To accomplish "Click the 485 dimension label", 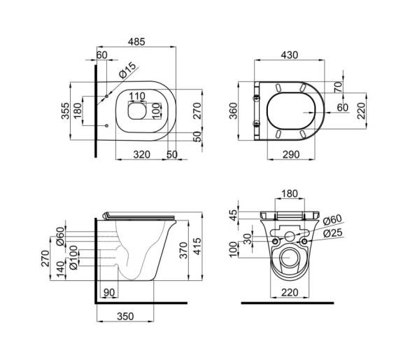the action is click(x=136, y=41).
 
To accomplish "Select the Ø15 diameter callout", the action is click(x=127, y=70).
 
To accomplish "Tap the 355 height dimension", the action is click(x=65, y=111).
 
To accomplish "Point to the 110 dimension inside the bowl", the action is click(x=137, y=96).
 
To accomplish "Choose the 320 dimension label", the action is click(x=142, y=155).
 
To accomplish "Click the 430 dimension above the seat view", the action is click(x=289, y=55).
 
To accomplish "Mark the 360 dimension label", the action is click(x=233, y=111).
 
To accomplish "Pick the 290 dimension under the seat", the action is click(x=291, y=155).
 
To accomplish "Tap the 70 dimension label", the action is click(x=338, y=87).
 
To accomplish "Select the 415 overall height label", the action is click(x=197, y=246).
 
